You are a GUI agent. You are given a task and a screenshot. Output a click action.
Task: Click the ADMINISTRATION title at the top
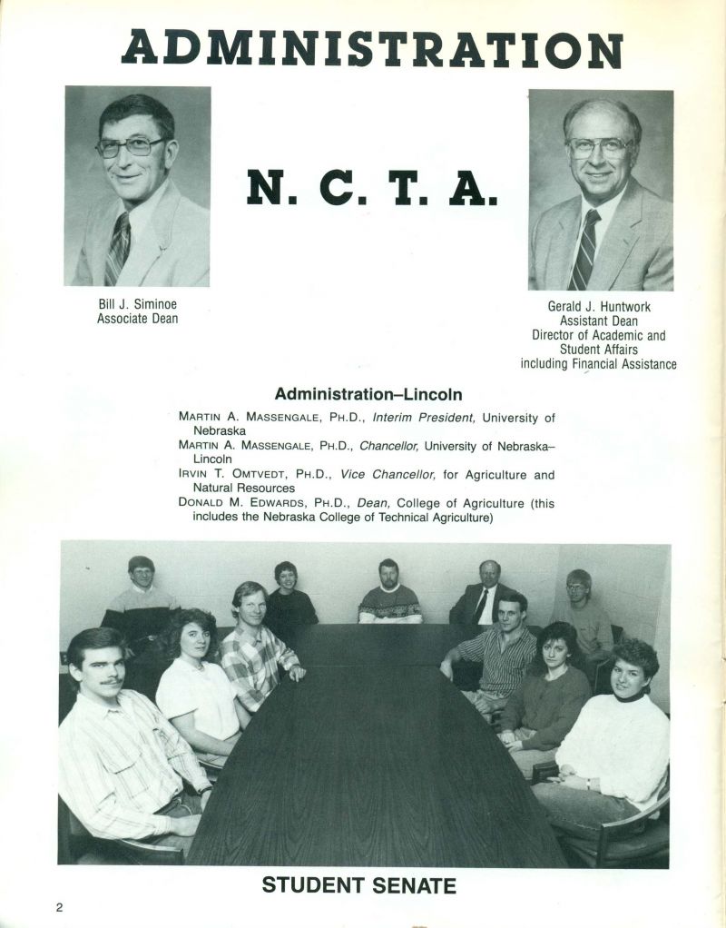[372, 48]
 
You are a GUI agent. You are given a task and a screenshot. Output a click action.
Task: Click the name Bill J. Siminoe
[137, 304]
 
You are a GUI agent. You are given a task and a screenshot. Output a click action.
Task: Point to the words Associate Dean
[137, 319]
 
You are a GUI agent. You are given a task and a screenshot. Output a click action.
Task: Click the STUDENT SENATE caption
[359, 885]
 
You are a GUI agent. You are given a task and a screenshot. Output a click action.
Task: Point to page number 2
[60, 907]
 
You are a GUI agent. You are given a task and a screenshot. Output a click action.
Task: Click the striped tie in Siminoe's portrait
[117, 247]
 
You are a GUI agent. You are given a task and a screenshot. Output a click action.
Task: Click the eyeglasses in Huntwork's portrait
[599, 147]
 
